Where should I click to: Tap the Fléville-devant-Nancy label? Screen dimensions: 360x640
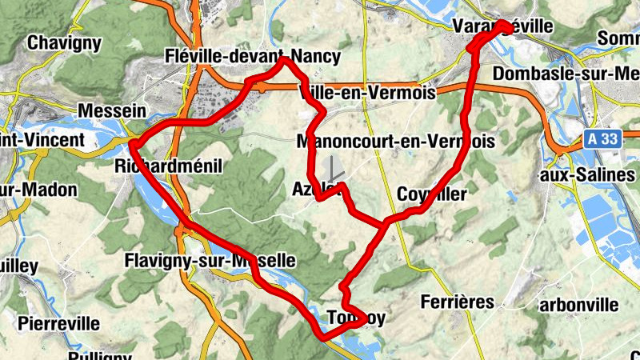(x=251, y=57)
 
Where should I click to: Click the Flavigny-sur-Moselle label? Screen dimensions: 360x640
(x=210, y=261)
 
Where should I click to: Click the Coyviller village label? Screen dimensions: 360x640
(x=431, y=194)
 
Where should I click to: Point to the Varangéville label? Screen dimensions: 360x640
(x=502, y=26)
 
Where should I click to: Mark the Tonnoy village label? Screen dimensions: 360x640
(x=356, y=318)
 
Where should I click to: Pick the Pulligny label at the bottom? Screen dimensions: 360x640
(x=99, y=354)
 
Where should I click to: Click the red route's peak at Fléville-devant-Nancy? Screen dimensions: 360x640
(x=284, y=59)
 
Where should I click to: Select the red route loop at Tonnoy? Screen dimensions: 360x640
(x=356, y=317)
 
